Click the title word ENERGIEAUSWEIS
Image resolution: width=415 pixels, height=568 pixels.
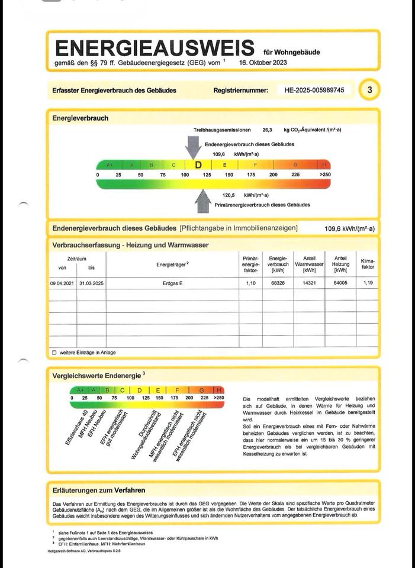click(153, 47)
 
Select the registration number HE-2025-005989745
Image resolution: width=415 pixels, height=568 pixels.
click(318, 91)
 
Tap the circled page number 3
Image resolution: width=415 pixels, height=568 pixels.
click(370, 90)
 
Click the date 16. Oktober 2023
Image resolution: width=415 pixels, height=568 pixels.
click(263, 62)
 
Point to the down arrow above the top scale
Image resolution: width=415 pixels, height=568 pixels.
click(193, 147)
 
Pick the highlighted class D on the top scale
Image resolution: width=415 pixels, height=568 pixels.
click(198, 165)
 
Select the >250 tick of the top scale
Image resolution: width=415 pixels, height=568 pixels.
click(325, 175)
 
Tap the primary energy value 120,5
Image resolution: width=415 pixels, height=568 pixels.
click(229, 195)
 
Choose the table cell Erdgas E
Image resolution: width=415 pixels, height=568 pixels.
click(172, 284)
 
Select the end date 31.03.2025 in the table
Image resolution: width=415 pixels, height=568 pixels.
click(91, 284)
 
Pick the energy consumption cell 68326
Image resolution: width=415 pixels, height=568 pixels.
click(278, 284)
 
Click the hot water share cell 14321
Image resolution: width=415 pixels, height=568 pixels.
click(309, 284)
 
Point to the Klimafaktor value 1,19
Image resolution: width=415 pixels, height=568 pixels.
click(367, 283)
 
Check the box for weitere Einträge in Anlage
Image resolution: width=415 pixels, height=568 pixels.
click(54, 353)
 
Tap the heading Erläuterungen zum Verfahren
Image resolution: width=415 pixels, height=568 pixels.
click(99, 490)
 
